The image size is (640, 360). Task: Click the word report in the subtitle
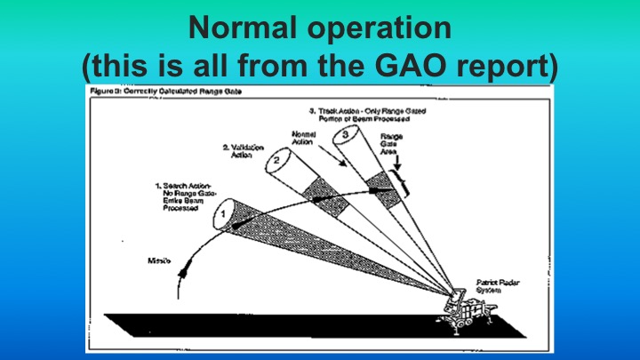coord(508,66)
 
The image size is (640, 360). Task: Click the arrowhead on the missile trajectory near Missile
coord(183,271)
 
